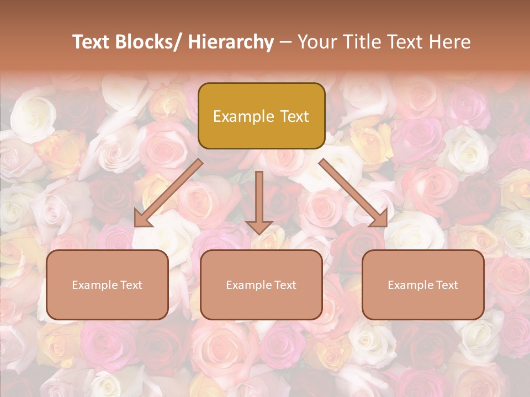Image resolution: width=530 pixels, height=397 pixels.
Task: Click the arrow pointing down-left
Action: pyautogui.click(x=168, y=194)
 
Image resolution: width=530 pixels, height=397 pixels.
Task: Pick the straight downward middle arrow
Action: pyautogui.click(x=259, y=201)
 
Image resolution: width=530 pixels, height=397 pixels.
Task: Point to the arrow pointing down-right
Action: pyautogui.click(x=353, y=194)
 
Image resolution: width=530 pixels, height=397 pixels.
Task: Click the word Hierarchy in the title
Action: pyautogui.click(x=230, y=42)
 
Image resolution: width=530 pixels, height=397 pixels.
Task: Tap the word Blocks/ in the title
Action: pyautogui.click(x=147, y=42)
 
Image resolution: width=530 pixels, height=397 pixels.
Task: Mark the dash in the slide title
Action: pyautogui.click(x=285, y=42)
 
